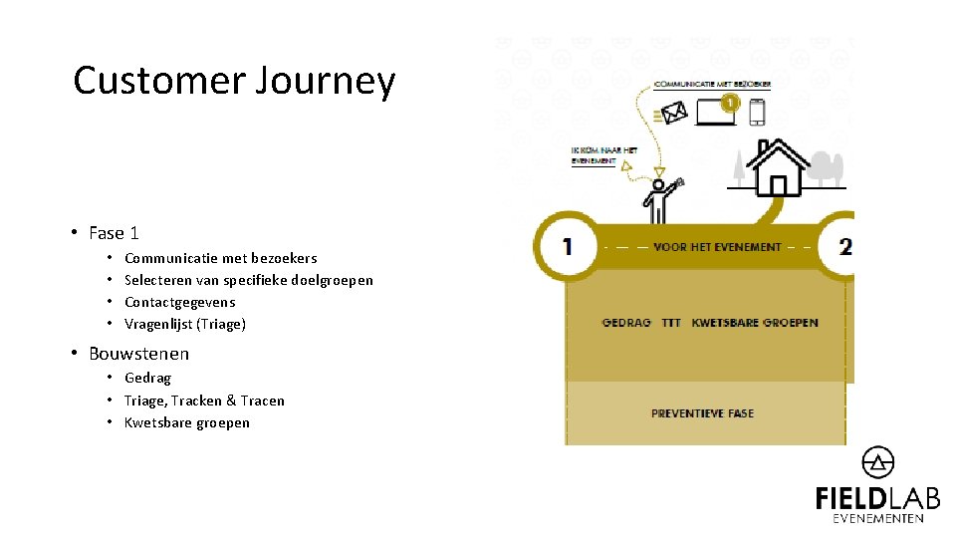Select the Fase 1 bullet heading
pyautogui.click(x=114, y=233)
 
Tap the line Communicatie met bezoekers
pyautogui.click(x=220, y=258)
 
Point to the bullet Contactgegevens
pyautogui.click(x=179, y=302)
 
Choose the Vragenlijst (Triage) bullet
pyautogui.click(x=184, y=324)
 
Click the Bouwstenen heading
pyautogui.click(x=138, y=354)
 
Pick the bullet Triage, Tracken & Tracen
pyautogui.click(x=204, y=401)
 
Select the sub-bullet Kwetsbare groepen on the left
pyautogui.click(x=186, y=422)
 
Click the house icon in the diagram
pyautogui.click(x=778, y=168)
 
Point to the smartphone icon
pyautogui.click(x=758, y=112)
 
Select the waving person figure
pyautogui.click(x=660, y=199)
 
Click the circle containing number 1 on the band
pyautogui.click(x=567, y=246)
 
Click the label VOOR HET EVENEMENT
pyautogui.click(x=717, y=247)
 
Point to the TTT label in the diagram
pyautogui.click(x=671, y=323)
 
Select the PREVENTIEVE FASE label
pyautogui.click(x=702, y=412)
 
